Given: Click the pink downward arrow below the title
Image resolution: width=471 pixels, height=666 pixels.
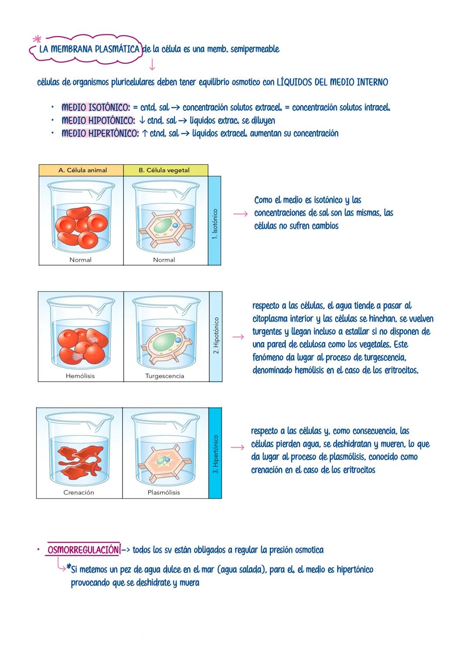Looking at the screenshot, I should point(152,65).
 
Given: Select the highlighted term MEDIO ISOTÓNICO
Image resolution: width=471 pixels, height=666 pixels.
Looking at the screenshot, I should point(96,107).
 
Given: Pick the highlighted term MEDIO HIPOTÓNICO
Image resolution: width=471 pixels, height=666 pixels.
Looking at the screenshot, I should point(98,120).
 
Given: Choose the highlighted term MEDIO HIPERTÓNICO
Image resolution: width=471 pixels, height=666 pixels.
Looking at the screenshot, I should point(100,133).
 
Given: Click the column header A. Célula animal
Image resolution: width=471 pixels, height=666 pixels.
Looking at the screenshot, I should point(82,170).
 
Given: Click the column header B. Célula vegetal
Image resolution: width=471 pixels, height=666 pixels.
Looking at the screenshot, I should point(164,170).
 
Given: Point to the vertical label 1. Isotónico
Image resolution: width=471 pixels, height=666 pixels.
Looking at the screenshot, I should point(215,224).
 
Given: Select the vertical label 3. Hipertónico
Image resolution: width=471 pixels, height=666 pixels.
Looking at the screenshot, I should point(215,454).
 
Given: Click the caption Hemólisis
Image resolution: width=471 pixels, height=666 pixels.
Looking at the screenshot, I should point(80,376).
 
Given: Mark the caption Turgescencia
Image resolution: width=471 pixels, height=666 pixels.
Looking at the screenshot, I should point(164,376).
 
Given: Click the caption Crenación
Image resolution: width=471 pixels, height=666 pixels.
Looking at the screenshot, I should point(78,492).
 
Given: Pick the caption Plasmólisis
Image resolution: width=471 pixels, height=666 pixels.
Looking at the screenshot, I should point(164,492).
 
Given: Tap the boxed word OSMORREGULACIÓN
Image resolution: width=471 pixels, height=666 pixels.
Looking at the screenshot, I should point(83,550).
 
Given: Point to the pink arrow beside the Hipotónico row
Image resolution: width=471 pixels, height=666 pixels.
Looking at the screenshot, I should point(238,337).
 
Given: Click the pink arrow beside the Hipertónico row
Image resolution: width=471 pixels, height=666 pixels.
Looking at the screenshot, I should point(238,447).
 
